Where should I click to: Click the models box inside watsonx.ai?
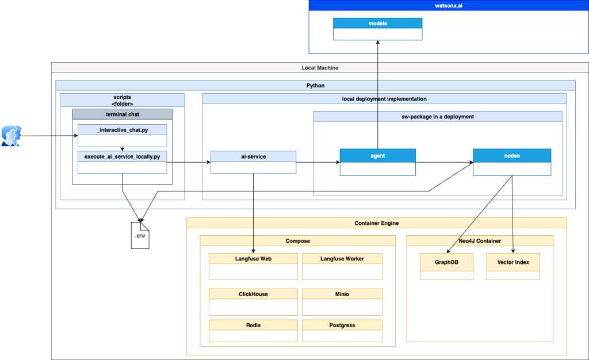(x=377, y=29)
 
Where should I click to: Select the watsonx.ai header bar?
(x=448, y=6)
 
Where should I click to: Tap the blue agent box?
(x=377, y=162)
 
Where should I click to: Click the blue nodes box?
(x=511, y=162)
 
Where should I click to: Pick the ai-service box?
(x=253, y=162)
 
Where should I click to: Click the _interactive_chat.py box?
(x=122, y=136)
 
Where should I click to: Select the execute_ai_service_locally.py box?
(x=122, y=162)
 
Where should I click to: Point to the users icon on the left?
(x=12, y=136)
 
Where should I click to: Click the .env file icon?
(x=140, y=235)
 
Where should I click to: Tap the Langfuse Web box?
(x=253, y=266)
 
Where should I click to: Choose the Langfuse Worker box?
(x=342, y=266)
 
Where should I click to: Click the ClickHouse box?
(x=253, y=301)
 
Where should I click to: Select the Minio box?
(x=342, y=301)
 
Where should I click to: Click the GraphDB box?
(x=446, y=266)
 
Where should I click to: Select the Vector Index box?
(x=513, y=266)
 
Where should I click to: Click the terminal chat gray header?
(x=122, y=114)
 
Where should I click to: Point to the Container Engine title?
(x=376, y=223)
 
